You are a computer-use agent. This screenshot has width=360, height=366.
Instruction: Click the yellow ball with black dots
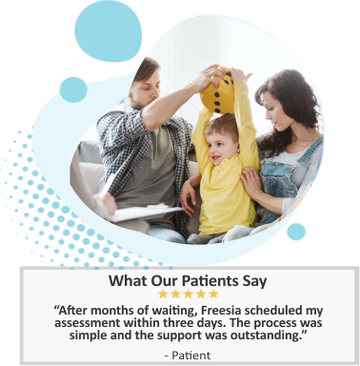217,91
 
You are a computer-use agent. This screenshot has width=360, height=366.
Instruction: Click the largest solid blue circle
109,30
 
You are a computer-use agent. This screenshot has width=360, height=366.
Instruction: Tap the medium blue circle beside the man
73,90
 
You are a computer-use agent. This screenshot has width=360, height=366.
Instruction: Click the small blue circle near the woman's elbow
296,232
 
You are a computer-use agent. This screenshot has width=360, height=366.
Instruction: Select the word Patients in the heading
210,281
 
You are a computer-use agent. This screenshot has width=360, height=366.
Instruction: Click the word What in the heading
127,281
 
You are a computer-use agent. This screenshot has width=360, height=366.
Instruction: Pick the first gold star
163,295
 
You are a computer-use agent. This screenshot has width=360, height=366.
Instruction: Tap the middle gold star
189,295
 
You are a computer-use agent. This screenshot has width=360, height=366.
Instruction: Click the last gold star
213,295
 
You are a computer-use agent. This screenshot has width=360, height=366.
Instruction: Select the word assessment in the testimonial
88,323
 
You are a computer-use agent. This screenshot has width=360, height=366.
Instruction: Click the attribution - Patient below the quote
188,356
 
